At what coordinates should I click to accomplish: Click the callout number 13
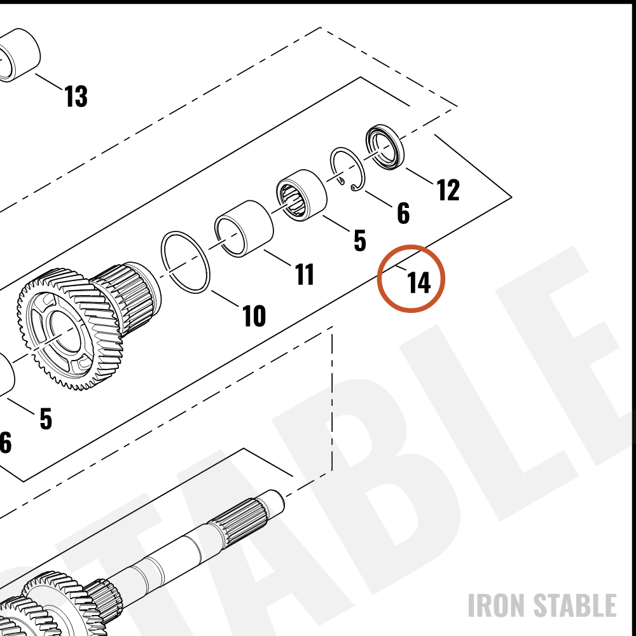[x=76, y=97]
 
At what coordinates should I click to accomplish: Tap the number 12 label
[x=448, y=190]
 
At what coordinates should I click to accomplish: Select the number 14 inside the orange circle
[x=418, y=282]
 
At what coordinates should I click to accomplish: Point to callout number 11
[x=305, y=275]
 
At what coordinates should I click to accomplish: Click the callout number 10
[x=254, y=316]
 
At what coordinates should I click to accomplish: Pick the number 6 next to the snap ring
[x=403, y=212]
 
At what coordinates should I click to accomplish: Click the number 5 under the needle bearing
[x=360, y=240]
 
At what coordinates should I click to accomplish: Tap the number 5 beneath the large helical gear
[x=46, y=419]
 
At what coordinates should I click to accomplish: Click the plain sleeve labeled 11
[x=244, y=228]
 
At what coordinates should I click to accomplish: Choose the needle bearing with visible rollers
[x=301, y=195]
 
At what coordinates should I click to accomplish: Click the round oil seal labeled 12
[x=385, y=147]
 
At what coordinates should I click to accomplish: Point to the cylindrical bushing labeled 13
[x=20, y=55]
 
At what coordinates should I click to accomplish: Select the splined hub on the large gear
[x=127, y=298]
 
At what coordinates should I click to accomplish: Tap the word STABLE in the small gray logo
[x=574, y=605]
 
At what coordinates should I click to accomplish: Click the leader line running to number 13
[x=49, y=81]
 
